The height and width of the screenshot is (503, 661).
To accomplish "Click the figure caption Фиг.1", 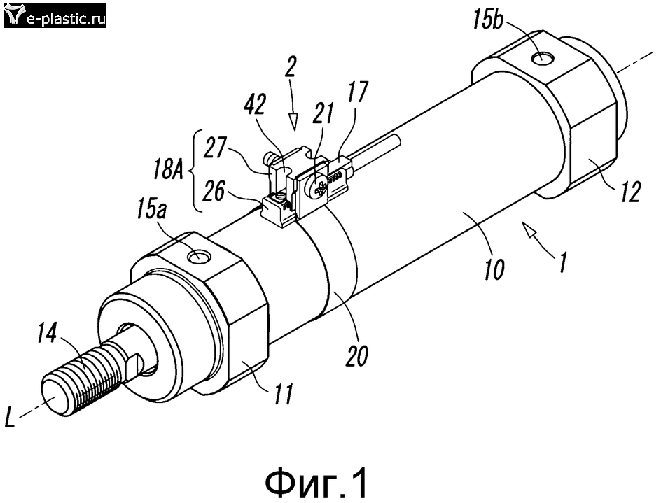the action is [x=316, y=483].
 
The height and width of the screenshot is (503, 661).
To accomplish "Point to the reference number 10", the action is [x=494, y=269].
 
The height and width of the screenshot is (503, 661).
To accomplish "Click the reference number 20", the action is [x=356, y=355].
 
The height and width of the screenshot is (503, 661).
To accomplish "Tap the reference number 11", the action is [x=282, y=394].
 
